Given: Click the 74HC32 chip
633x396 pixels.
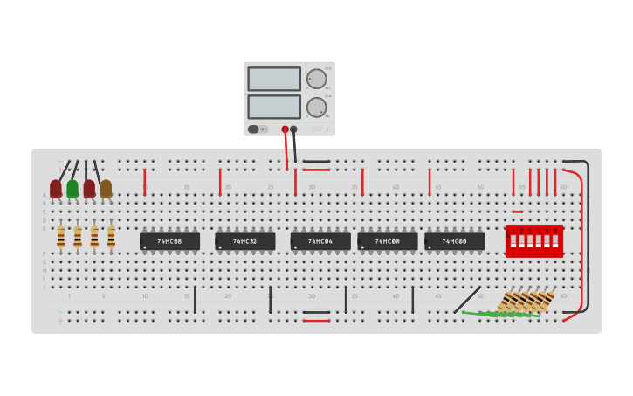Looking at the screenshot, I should [x=245, y=241].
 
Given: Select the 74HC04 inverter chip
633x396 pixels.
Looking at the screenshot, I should [x=320, y=241].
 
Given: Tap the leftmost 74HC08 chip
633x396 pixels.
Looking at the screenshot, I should [x=169, y=241].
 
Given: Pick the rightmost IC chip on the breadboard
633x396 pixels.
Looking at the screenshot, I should [x=454, y=241].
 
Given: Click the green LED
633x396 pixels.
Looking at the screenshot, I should [x=72, y=188].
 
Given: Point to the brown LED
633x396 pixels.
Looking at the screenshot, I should [x=106, y=188].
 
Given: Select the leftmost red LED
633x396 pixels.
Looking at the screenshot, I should [x=56, y=188].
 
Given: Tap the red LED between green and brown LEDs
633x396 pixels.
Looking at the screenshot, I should [x=89, y=188].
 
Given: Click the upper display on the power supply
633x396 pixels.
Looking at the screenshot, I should [x=274, y=79].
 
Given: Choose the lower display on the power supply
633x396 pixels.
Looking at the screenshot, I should [x=274, y=107].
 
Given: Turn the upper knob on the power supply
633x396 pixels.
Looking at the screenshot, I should [x=316, y=79].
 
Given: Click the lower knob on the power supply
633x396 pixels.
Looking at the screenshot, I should [x=316, y=108].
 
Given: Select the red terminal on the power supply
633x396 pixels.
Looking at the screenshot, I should [x=285, y=129].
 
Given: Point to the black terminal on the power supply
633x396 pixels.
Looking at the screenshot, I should [x=293, y=129].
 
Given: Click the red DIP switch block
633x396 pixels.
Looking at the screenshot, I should [x=533, y=240].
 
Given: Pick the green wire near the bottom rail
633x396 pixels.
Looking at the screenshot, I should [x=498, y=313].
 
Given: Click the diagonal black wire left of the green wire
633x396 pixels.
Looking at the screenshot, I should [x=466, y=300].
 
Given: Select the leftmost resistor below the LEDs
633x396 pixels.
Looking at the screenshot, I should [x=60, y=237].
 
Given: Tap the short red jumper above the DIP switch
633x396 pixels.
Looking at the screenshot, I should [x=518, y=212].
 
